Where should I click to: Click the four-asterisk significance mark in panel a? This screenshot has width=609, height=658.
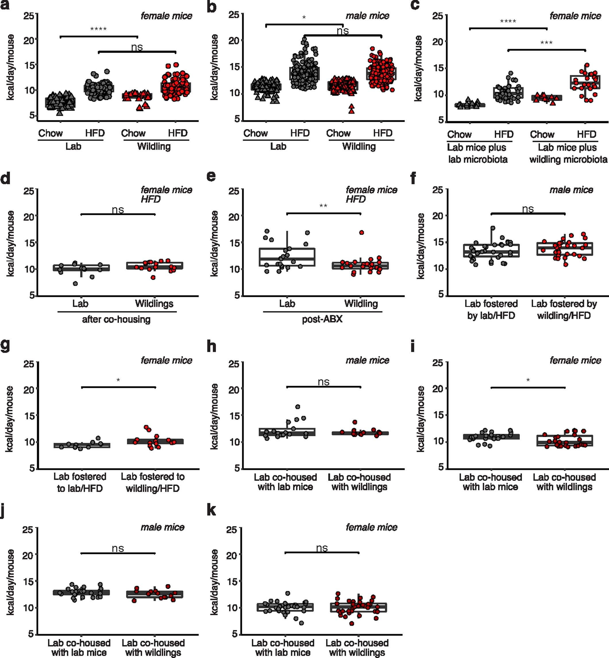98,29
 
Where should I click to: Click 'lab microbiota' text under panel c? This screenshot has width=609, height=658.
478,159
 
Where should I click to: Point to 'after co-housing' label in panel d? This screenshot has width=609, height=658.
116,319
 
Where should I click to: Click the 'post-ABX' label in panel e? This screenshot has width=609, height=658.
322,319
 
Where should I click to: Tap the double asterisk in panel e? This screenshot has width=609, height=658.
323,206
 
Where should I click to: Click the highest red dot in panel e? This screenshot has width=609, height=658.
361,233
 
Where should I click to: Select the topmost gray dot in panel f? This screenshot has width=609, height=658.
493,228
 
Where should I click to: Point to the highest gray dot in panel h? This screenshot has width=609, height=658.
298,407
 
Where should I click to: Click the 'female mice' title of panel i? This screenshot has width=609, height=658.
575,360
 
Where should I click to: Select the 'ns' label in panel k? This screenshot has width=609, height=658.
322,548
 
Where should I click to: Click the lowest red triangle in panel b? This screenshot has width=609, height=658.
352,111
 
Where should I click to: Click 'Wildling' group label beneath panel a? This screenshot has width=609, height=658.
154,146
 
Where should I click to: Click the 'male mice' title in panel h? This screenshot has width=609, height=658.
367,360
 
